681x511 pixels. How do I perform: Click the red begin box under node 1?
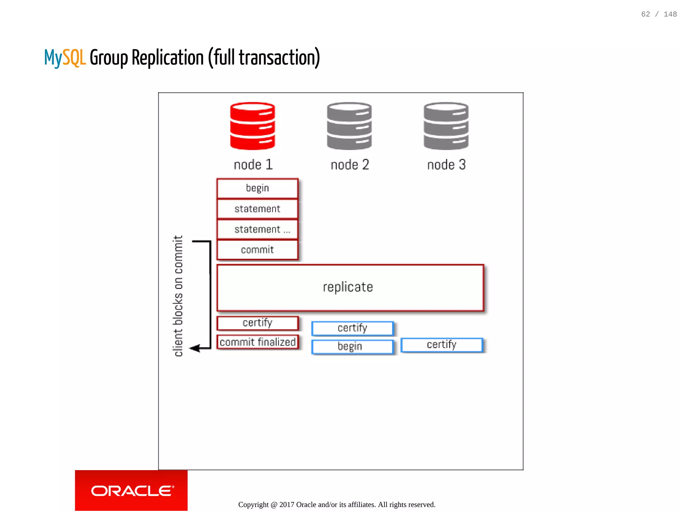coord(257,188)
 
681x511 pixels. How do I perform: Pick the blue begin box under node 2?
coord(352,346)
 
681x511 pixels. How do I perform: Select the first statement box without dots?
coord(257,209)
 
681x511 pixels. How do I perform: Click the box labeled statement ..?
coord(257,229)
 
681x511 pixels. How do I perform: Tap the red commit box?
coord(257,250)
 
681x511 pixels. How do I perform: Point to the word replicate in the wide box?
coord(348,287)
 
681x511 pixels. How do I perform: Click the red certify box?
coord(257,323)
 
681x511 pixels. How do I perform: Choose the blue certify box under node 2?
coord(352,328)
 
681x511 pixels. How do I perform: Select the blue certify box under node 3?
coord(442,345)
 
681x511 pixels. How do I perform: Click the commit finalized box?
coord(257,342)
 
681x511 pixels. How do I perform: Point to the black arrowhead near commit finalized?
coord(195,348)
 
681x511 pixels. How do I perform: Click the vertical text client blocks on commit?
coord(178,296)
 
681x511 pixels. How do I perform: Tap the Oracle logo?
coord(132,491)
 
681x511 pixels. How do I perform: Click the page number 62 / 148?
coord(659,14)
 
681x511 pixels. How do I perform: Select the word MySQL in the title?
coord(65,58)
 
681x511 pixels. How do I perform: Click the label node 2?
coord(350,165)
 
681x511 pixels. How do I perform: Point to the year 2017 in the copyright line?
coord(287,505)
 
